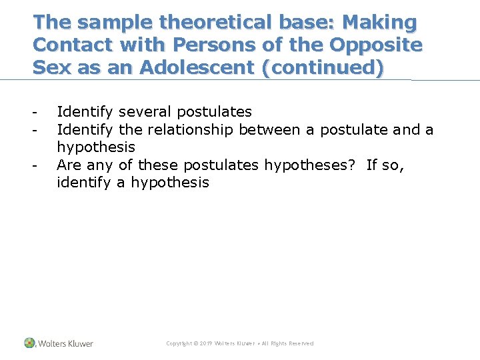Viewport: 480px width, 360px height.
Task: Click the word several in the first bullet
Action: [x=145, y=111]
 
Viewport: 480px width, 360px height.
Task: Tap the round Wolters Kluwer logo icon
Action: [x=29, y=343]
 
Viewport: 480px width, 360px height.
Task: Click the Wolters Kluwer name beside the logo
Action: [x=65, y=343]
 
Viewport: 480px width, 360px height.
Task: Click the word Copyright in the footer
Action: [x=178, y=343]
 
